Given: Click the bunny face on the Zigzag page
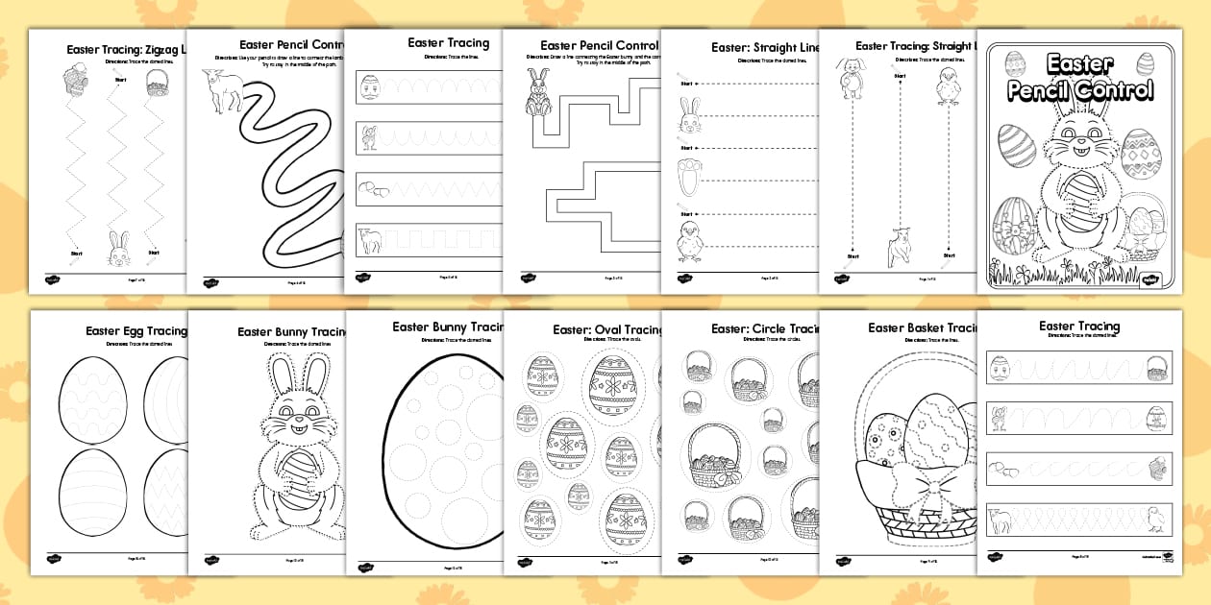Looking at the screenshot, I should click(x=118, y=248).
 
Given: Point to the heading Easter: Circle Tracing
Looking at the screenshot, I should click(x=764, y=328).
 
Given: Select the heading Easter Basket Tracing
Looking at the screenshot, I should click(x=922, y=328).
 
